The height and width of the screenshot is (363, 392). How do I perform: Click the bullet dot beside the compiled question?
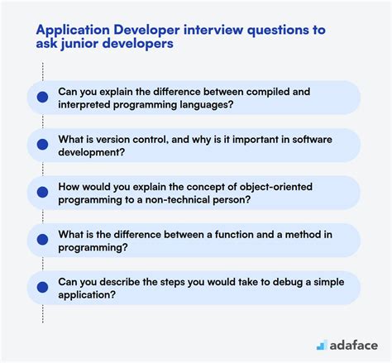pyautogui.click(x=41, y=97)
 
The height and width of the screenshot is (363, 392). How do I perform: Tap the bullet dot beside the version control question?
pyautogui.click(x=41, y=143)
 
